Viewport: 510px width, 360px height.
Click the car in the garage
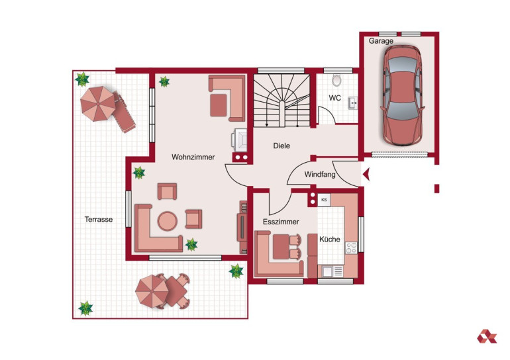[402, 95]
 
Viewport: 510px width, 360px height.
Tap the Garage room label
[381, 41]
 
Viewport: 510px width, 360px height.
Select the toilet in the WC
[336, 80]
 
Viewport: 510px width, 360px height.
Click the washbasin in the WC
[353, 103]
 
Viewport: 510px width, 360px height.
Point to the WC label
[334, 98]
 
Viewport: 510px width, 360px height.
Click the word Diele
[281, 146]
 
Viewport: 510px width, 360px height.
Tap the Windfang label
[320, 175]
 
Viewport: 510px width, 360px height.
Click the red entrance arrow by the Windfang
[366, 175]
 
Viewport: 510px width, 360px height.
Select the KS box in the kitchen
[324, 199]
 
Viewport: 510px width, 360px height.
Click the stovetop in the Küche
[351, 248]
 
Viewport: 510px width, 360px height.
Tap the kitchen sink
[332, 271]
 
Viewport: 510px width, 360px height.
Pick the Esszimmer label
[281, 222]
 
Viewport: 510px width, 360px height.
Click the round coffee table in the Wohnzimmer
[168, 221]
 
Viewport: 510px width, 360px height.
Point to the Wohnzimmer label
[193, 157]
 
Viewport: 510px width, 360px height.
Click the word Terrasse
[99, 219]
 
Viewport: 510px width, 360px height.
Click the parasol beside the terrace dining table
[152, 291]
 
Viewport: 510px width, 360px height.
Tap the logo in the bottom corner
[487, 336]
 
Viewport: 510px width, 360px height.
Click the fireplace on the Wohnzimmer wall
[239, 140]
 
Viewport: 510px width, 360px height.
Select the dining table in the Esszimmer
[281, 247]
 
